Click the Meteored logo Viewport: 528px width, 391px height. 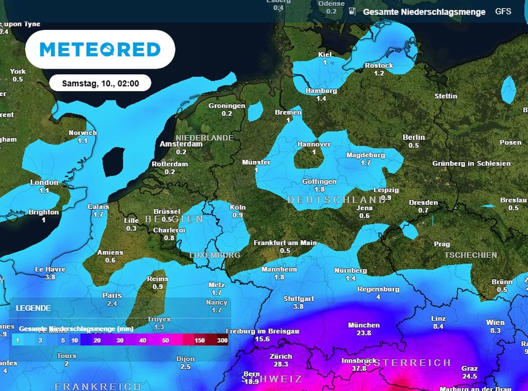coord(100,50)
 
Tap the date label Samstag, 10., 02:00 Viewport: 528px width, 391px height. coord(100,83)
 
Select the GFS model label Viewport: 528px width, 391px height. coord(503,11)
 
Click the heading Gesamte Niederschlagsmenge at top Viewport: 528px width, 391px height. coord(424,12)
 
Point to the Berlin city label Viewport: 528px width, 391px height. coord(414,137)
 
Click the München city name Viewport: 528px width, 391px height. coord(364,325)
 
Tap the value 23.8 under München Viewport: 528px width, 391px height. coord(364,333)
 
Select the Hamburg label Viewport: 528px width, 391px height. coord(321,91)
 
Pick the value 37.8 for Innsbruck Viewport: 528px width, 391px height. coord(359,368)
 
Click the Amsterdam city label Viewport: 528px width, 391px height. coord(180,144)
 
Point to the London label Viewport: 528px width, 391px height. coord(44,183)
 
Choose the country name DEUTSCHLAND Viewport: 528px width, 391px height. coord(336,200)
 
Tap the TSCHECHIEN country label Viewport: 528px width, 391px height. coord(471,255)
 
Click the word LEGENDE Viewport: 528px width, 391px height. coord(33,308)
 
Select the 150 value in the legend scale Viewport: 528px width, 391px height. coord(200,340)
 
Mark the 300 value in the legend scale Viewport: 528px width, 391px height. coord(222,340)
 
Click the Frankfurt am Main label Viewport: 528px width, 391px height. coord(285,243)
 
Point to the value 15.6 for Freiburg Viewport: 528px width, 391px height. coord(262,339)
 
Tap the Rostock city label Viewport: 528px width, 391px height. coord(378,66)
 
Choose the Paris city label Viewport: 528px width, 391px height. coord(112,296)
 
